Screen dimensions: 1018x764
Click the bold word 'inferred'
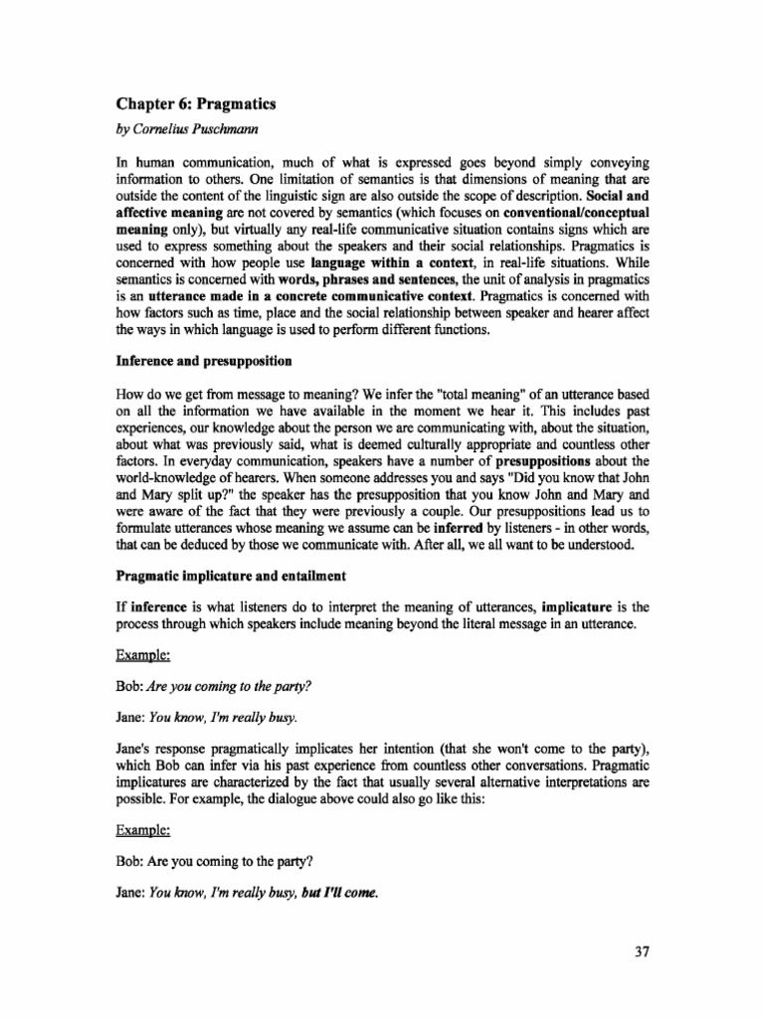(463, 530)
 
